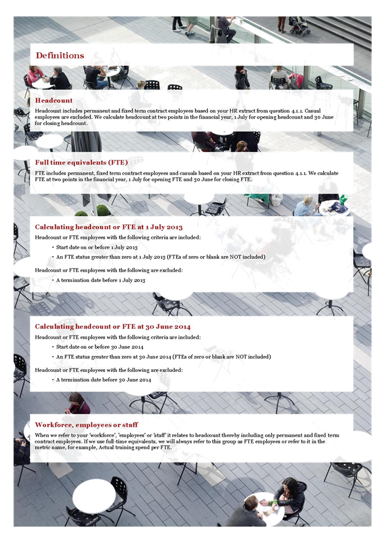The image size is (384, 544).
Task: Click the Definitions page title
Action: pyautogui.click(x=60, y=56)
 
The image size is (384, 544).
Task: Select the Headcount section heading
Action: pyautogui.click(x=54, y=101)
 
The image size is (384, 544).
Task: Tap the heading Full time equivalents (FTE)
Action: pyautogui.click(x=81, y=162)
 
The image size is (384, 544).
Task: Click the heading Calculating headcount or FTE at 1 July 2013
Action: pyautogui.click(x=108, y=227)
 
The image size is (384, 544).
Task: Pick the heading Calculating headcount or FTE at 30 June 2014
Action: pyautogui.click(x=113, y=327)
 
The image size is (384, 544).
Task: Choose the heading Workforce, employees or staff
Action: pyautogui.click(x=86, y=425)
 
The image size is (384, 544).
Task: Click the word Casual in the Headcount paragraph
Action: pyautogui.click(x=313, y=110)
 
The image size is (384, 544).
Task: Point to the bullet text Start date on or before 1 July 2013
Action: pyautogui.click(x=97, y=248)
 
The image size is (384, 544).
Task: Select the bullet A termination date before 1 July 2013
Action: pyautogui.click(x=101, y=280)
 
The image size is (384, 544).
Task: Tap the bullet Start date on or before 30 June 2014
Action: pyautogui.click(x=100, y=347)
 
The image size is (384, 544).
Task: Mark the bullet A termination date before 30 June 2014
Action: pyautogui.click(x=103, y=380)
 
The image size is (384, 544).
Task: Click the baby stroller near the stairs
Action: pyautogui.click(x=299, y=26)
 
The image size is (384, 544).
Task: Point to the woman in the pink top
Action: pyautogui.click(x=35, y=76)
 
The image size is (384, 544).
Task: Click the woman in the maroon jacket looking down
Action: pyautogui.click(x=78, y=403)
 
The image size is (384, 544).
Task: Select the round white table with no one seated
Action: pyautogui.click(x=94, y=496)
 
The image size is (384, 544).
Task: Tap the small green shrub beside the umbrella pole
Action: pyautogui.click(x=103, y=210)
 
